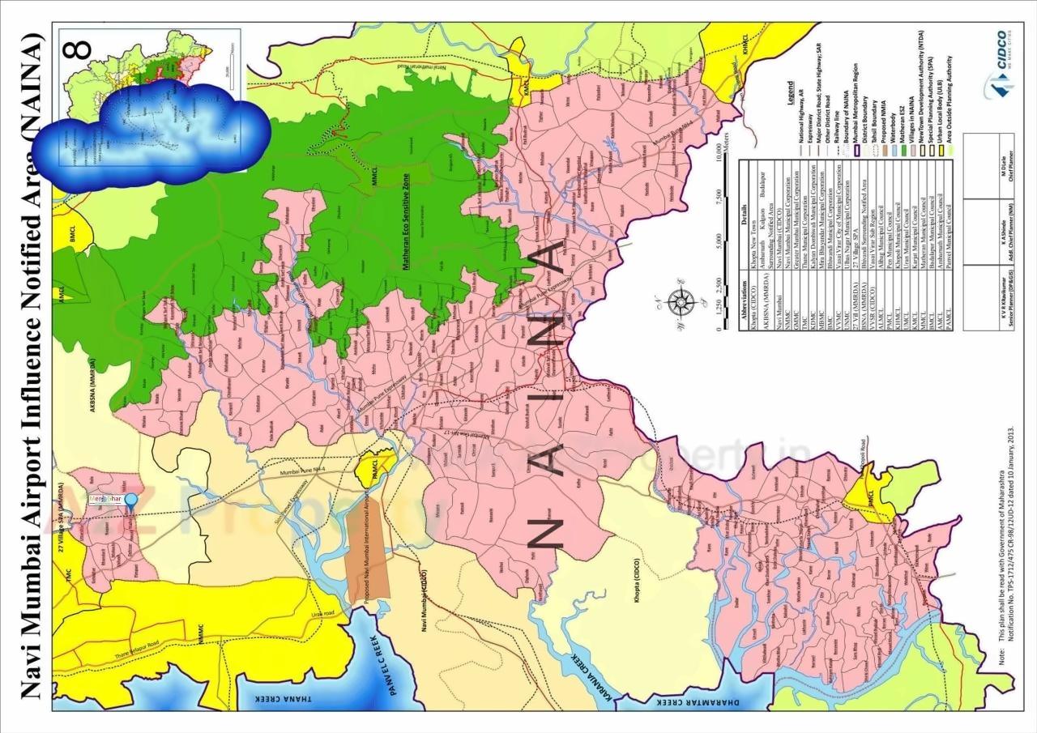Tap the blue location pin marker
point(129,500)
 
